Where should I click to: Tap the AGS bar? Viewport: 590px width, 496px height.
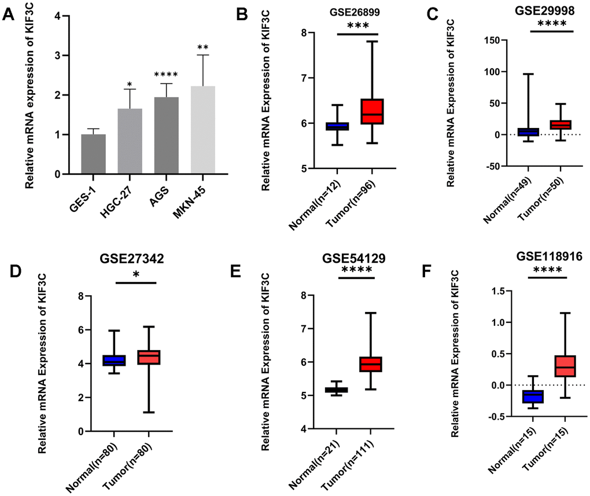(167, 135)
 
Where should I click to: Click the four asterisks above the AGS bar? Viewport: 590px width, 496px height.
(166, 75)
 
